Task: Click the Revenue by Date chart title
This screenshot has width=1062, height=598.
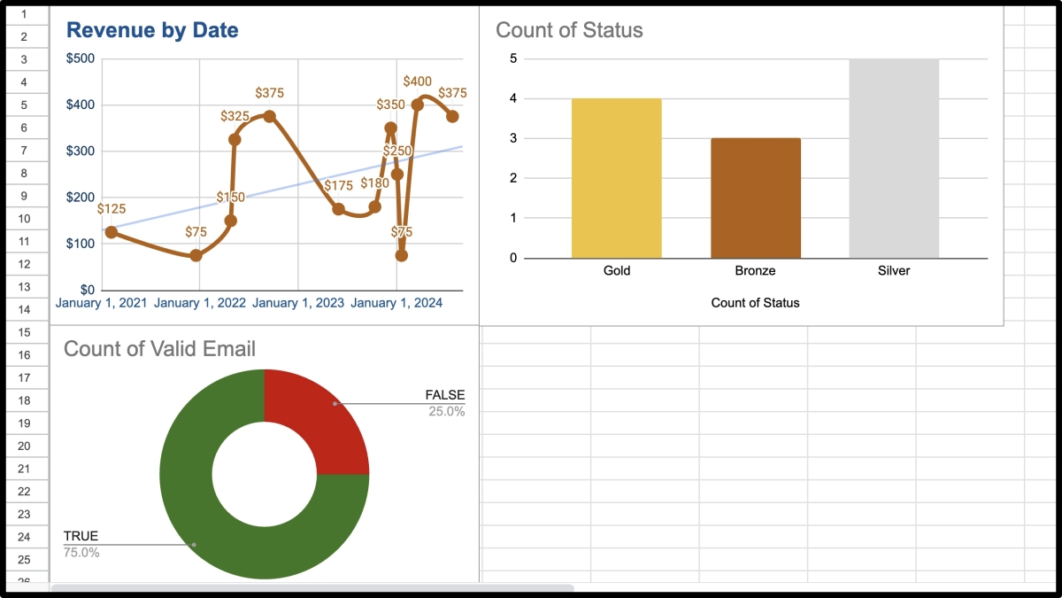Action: (x=152, y=30)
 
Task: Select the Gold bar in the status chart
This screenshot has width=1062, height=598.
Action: (x=617, y=177)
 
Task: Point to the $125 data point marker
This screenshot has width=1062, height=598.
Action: (x=111, y=232)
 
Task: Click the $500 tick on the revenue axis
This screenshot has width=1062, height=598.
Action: (x=81, y=58)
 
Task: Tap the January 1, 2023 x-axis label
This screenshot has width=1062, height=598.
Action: (x=298, y=303)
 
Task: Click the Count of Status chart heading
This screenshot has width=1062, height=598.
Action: (x=569, y=30)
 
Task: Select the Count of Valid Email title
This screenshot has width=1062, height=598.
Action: (x=159, y=349)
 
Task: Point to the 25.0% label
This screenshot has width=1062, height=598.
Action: (x=446, y=411)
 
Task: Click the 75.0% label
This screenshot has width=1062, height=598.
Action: (x=81, y=553)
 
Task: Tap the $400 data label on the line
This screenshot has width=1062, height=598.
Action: (x=417, y=82)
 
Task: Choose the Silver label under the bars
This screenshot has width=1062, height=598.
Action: (x=894, y=270)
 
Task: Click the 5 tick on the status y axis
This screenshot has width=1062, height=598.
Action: (x=513, y=58)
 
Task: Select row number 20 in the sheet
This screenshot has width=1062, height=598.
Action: (x=24, y=446)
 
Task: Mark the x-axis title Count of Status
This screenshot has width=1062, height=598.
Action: (x=755, y=303)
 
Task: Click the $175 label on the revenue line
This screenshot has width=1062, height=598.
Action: (x=338, y=186)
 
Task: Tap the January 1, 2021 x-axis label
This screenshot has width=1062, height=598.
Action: (x=101, y=303)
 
